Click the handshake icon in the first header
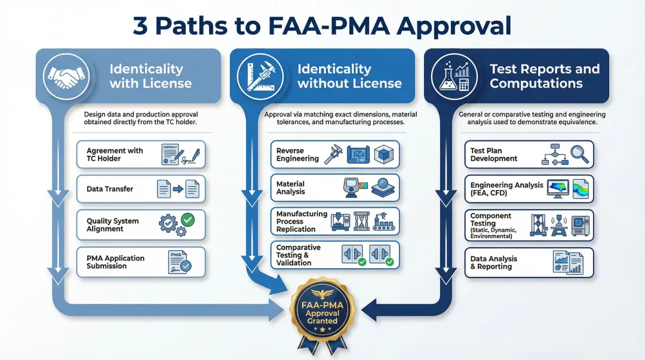tap(66, 76)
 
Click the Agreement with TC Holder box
tap(141, 155)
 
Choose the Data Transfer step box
tap(141, 189)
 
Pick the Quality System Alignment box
tap(141, 225)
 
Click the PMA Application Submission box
tap(141, 262)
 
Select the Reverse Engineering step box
tap(335, 155)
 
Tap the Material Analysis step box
tap(335, 188)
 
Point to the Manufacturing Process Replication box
tap(335, 221)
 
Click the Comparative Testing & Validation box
tap(335, 255)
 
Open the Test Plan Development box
tap(529, 155)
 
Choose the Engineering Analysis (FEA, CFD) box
tap(529, 189)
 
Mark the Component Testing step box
tap(529, 225)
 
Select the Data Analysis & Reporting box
tap(529, 263)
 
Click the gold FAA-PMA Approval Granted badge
tap(322, 310)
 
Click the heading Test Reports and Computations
tap(545, 76)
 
